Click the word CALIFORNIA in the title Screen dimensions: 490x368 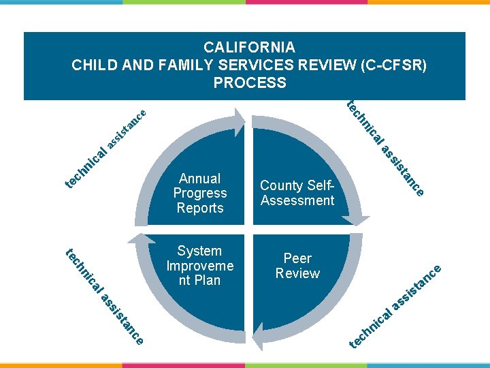249,48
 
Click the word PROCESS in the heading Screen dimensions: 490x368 249,83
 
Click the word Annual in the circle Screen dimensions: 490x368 199,179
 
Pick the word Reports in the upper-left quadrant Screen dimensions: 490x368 199,208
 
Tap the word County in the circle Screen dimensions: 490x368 283,185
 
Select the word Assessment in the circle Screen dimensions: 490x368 297,200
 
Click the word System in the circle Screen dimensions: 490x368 199,251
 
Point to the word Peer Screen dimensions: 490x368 297,258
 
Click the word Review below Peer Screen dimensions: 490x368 297,273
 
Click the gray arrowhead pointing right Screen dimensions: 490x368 235,121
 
